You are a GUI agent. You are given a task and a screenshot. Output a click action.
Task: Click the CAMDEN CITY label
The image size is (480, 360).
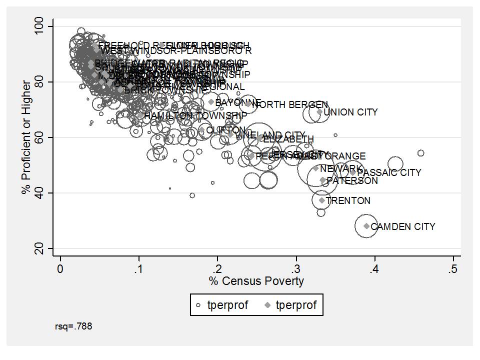point(403,227)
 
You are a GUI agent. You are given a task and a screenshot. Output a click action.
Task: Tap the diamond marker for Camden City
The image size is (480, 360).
point(366,226)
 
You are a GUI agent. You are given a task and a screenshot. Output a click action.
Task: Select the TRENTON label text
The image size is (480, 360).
point(348,201)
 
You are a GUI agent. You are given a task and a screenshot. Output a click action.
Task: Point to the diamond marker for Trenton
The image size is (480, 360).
point(322,200)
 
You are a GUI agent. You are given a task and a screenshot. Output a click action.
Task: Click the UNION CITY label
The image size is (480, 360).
point(350,112)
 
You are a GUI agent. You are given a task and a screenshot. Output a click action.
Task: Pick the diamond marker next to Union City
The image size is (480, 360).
point(319,112)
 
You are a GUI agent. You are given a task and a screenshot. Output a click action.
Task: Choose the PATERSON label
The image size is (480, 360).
point(352,181)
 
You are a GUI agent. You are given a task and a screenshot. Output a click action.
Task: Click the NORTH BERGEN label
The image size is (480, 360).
point(290,105)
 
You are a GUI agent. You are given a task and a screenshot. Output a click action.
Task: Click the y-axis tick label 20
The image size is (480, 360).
point(44,248)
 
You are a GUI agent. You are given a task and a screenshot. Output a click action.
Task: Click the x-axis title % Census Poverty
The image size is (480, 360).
point(256,281)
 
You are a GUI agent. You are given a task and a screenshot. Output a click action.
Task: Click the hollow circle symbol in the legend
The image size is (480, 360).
point(198,305)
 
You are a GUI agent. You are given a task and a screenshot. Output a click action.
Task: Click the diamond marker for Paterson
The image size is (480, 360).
point(322,180)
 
